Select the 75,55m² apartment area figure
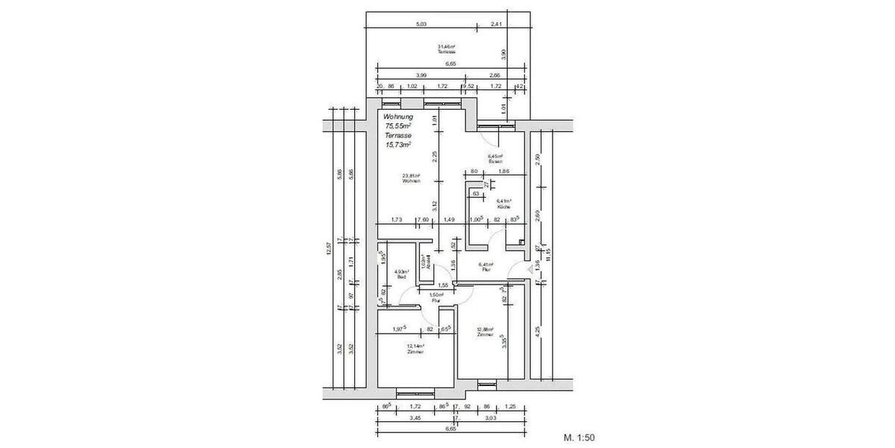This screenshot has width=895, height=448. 399,127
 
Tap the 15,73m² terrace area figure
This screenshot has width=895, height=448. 398,146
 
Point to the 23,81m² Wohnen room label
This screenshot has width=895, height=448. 412,178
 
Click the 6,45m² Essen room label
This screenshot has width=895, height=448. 495,158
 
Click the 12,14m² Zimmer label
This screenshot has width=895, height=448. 415,349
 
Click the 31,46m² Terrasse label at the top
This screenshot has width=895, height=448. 446,49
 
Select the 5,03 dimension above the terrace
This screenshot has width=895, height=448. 421,25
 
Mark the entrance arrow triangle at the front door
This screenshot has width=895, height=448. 528,267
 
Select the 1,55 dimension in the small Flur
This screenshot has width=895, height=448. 443,285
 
